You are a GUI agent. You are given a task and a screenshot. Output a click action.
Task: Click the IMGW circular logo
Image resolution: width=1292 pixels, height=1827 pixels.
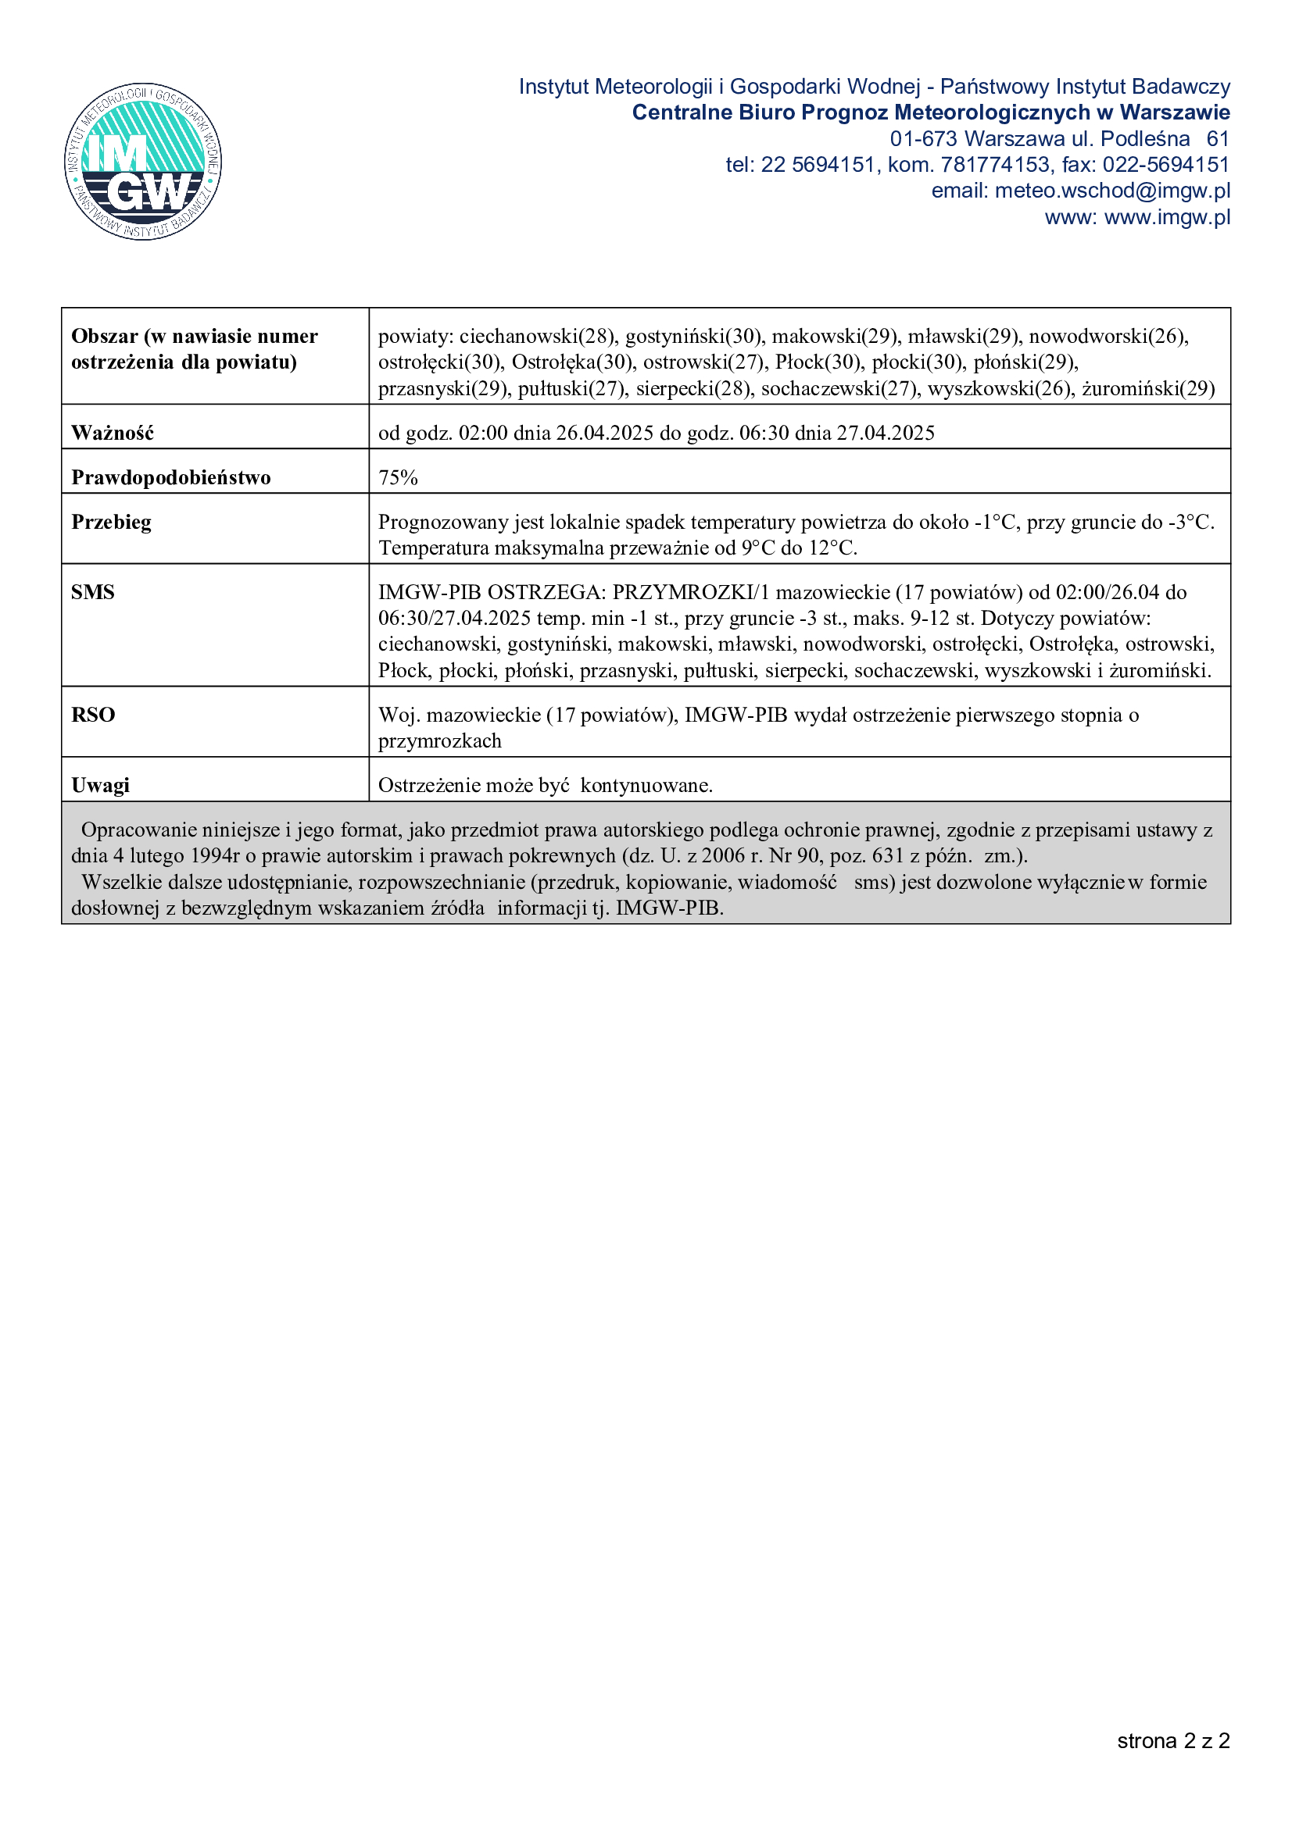(x=143, y=162)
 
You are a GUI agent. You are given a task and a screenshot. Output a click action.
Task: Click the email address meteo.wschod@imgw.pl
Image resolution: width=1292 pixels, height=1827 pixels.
(x=1112, y=191)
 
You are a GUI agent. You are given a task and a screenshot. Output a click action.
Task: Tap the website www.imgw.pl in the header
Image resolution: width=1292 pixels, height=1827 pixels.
(x=1167, y=217)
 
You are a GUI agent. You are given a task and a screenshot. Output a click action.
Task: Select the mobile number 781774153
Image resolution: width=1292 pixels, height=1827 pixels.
(x=995, y=165)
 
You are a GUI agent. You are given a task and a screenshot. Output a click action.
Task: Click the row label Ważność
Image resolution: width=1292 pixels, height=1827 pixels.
(x=113, y=433)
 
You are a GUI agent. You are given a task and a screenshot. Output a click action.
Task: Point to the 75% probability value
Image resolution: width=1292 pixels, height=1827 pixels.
(x=398, y=477)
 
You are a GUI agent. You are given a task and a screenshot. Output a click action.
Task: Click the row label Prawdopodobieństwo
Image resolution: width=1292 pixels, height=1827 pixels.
(x=171, y=477)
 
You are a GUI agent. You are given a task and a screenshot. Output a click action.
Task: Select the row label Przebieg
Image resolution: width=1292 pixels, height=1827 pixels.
(x=112, y=522)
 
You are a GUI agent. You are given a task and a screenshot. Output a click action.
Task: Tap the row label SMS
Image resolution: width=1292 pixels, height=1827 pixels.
(x=93, y=592)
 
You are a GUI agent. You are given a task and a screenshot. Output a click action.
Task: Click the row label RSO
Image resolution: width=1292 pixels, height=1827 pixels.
(x=93, y=715)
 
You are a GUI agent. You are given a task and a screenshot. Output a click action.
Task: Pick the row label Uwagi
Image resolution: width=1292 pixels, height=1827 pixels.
(x=100, y=785)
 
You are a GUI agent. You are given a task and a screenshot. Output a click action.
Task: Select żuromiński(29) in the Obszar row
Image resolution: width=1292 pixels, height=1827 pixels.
(x=1148, y=388)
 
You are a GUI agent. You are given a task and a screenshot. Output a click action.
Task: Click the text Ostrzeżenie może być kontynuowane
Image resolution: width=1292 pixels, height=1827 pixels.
(x=546, y=785)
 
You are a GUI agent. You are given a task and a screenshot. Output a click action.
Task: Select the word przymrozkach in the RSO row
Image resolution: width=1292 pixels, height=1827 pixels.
(x=439, y=740)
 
